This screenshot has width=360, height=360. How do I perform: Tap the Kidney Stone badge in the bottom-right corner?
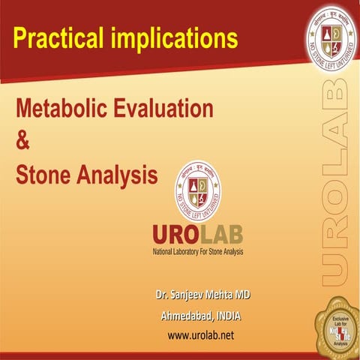point(335,331)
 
